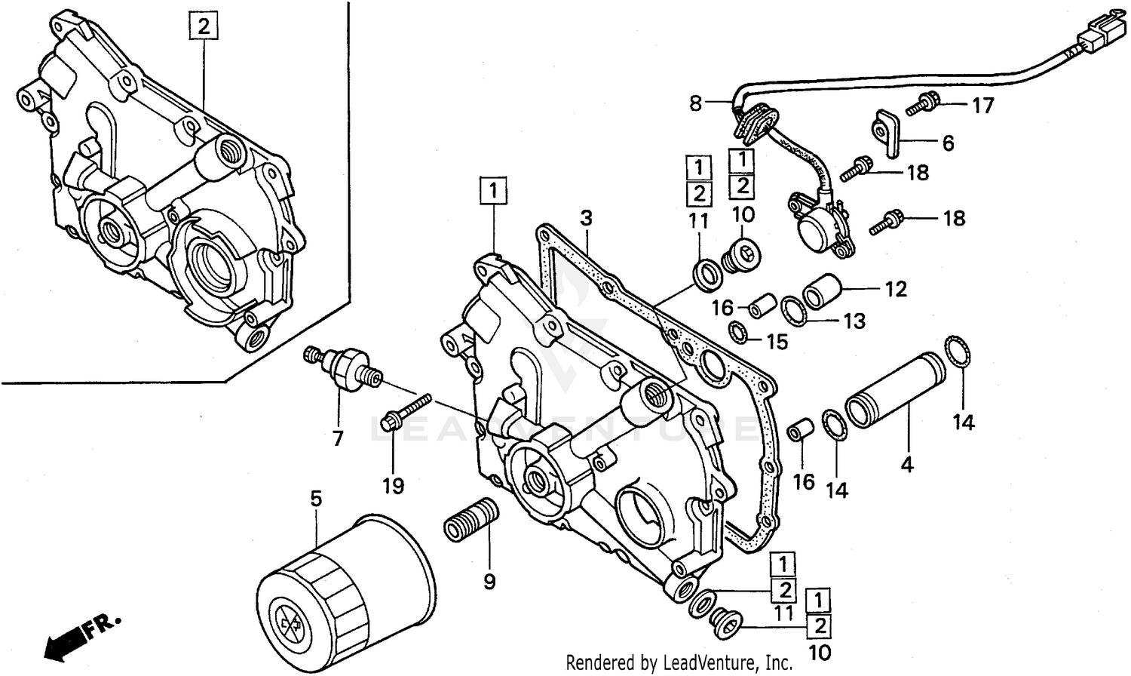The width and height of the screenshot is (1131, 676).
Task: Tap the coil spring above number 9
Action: (470, 519)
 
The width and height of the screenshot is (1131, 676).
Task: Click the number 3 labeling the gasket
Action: (586, 219)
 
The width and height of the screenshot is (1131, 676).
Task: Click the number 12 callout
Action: (895, 289)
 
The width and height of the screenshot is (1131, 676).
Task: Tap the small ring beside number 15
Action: (739, 330)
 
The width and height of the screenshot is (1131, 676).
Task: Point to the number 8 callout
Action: (695, 103)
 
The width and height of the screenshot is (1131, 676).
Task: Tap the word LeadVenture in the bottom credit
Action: (705, 662)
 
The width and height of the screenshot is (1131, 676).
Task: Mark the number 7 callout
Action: (337, 438)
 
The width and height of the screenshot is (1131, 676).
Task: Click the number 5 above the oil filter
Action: (316, 498)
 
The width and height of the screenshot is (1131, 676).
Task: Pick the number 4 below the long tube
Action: (907, 465)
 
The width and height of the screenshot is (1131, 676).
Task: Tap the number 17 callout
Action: (982, 106)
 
